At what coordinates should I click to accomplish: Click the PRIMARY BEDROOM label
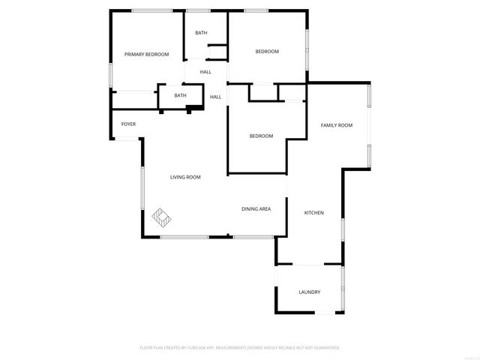(x=146, y=54)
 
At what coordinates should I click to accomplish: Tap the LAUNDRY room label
(x=310, y=292)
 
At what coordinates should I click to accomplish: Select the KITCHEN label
(x=313, y=213)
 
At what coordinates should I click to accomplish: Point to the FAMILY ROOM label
(x=337, y=125)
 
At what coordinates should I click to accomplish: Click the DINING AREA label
(x=256, y=208)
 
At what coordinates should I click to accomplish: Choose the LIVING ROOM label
(x=185, y=177)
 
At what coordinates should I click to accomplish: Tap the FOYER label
(x=128, y=124)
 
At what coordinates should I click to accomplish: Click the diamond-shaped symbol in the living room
(x=162, y=217)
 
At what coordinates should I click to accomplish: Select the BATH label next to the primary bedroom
(x=180, y=95)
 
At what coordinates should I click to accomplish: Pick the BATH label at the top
(x=201, y=32)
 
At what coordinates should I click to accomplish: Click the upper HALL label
(x=205, y=72)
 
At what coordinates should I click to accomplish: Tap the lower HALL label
(x=215, y=97)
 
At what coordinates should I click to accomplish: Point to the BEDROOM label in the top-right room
(x=267, y=51)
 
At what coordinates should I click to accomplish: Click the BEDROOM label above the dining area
(x=261, y=136)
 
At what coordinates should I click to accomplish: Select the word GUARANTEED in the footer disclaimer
(x=324, y=348)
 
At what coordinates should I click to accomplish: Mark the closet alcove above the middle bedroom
(x=262, y=92)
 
